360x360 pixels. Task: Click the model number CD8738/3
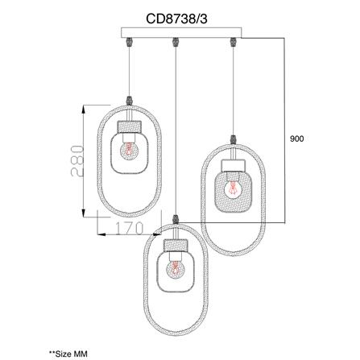pyautogui.click(x=176, y=19)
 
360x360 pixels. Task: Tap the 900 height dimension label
pyautogui.click(x=297, y=139)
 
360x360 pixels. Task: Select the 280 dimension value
pyautogui.click(x=77, y=160)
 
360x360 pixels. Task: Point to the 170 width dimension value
pyautogui.click(x=129, y=229)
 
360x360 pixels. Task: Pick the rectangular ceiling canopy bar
pyautogui.click(x=181, y=32)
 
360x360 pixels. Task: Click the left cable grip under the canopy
pyautogui.click(x=130, y=42)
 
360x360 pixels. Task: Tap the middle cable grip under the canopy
pyautogui.click(x=176, y=42)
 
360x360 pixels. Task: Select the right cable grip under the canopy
pyautogui.click(x=233, y=42)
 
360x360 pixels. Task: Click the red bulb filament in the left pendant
pyautogui.click(x=129, y=149)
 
